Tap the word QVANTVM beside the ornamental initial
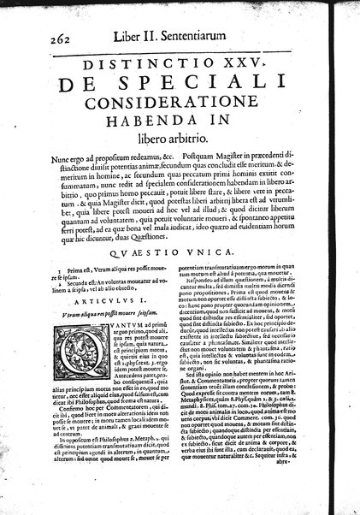pyautogui.click(x=115, y=317)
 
